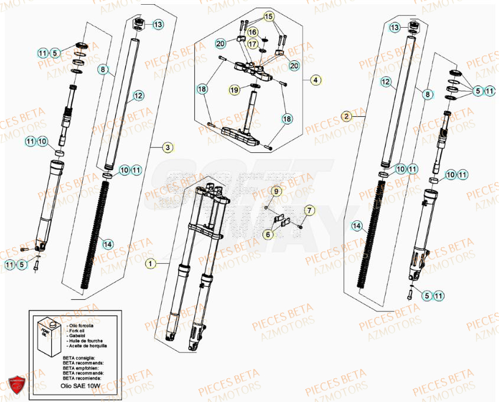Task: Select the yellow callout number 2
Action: tap(346, 116)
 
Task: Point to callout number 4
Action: tap(315, 79)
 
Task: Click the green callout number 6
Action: tap(268, 234)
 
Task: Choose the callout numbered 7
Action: tap(308, 210)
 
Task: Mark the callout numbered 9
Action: tap(275, 191)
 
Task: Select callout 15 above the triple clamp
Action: tap(269, 17)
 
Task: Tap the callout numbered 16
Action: tap(252, 32)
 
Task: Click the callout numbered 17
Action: tap(252, 44)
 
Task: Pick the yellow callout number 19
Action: tap(234, 90)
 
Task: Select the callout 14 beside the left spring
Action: tap(106, 243)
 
